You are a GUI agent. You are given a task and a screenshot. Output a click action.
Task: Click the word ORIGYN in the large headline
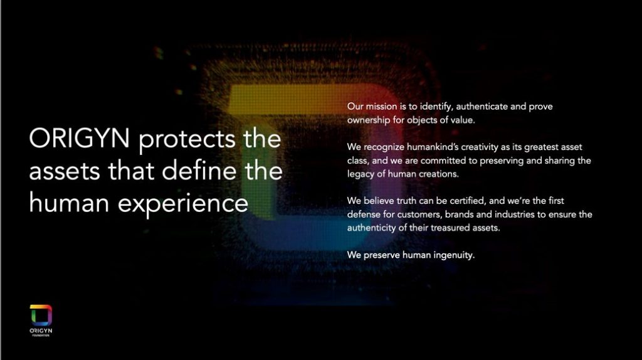point(79,138)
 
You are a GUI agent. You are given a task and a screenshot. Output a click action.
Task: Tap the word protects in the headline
point(187,140)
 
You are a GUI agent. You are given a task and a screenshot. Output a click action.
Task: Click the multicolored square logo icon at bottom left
point(41,315)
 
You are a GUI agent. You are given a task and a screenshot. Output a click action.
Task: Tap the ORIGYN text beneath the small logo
point(41,331)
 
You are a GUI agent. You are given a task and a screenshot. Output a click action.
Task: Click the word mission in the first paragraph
point(381,107)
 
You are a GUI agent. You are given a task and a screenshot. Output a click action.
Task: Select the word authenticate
point(482,107)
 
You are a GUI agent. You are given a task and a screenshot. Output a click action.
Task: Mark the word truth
point(406,201)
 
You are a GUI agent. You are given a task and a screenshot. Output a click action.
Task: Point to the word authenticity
point(371,228)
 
